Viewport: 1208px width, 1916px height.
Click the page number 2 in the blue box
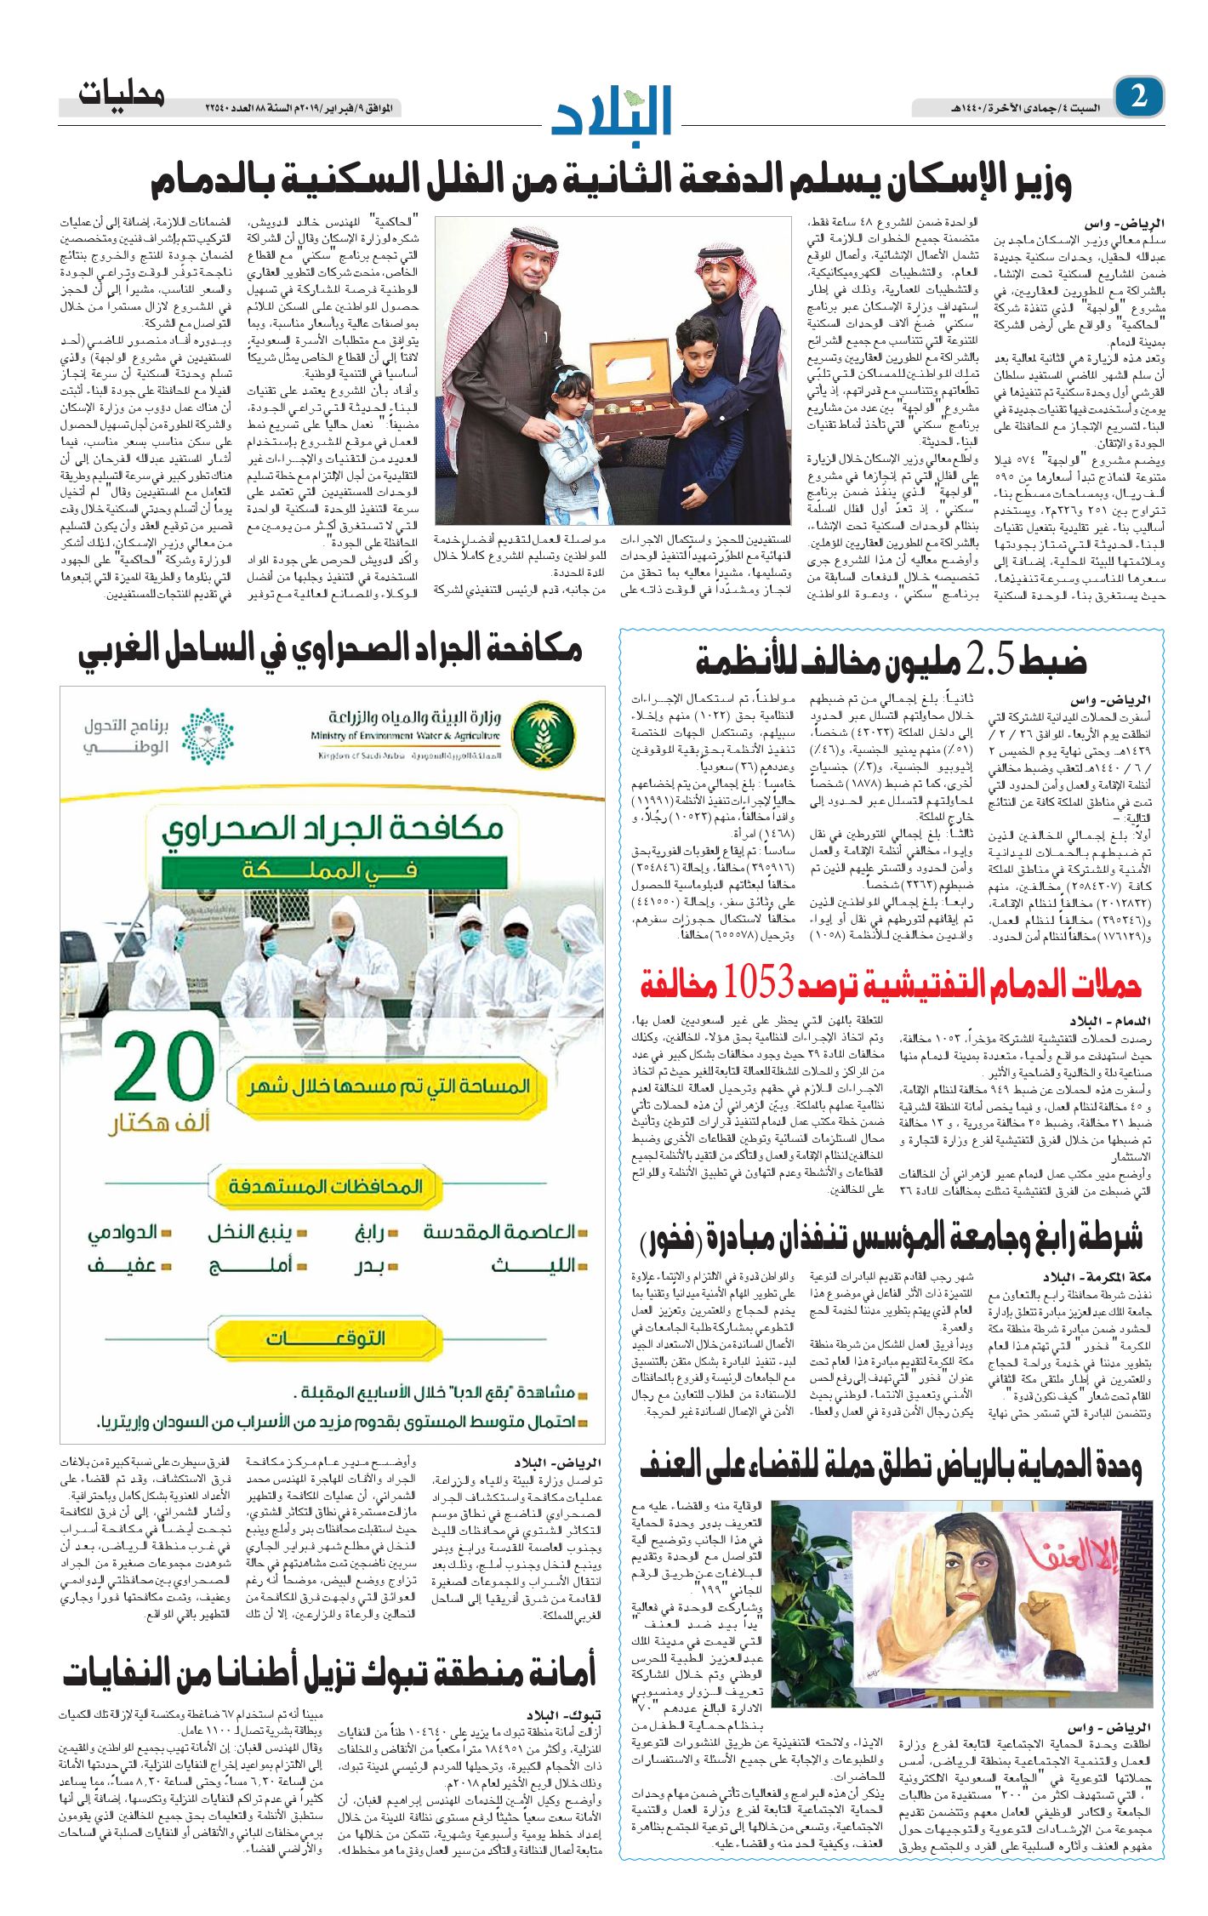pyautogui.click(x=1138, y=96)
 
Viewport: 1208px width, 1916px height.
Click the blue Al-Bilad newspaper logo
pyautogui.click(x=612, y=111)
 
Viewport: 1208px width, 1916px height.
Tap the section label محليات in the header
pyautogui.click(x=121, y=94)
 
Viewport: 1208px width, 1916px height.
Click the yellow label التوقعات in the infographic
pyautogui.click(x=326, y=1338)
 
